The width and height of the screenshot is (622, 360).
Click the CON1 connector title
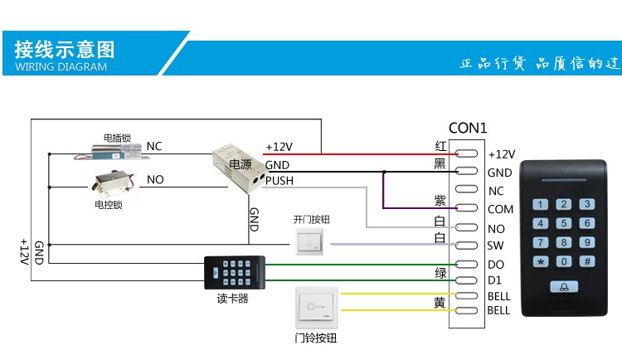point(468,129)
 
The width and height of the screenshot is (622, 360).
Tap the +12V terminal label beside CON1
point(501,154)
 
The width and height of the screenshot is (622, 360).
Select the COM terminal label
point(500,210)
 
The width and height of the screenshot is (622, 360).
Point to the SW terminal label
point(495,246)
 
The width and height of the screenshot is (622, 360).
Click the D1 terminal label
point(495,281)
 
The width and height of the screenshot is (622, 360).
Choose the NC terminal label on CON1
point(496,191)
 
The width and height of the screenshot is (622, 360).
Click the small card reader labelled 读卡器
point(234,271)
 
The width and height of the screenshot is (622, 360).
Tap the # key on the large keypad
point(587,261)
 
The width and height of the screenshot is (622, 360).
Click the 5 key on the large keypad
point(564,223)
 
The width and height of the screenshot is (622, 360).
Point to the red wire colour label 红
point(441,146)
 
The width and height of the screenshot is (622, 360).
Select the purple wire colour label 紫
point(440,202)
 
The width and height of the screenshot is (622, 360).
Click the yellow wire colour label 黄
point(440,302)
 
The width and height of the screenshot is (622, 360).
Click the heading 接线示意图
point(65,49)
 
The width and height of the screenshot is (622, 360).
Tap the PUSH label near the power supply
point(279,181)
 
